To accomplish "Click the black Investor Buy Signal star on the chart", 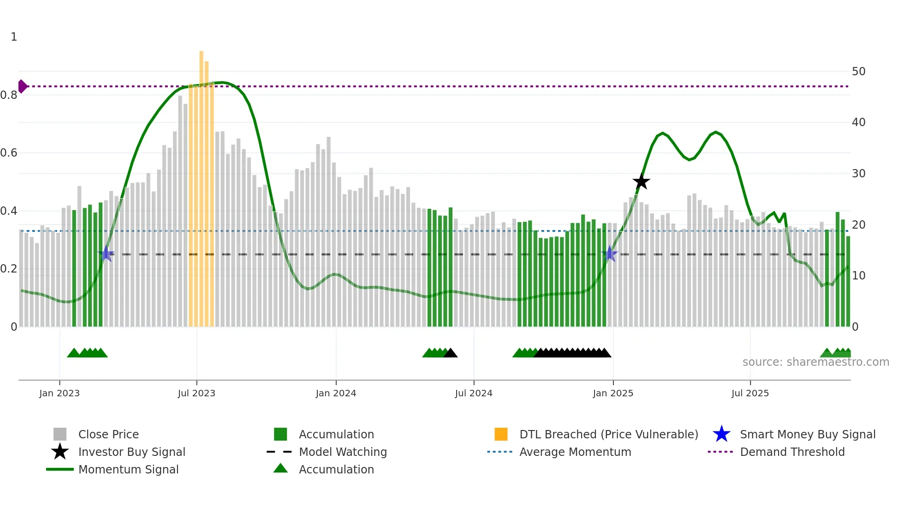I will (x=641, y=182).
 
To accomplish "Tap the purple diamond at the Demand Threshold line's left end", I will (x=22, y=86).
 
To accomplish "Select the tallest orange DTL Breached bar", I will (x=202, y=185).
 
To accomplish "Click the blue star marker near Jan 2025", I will (x=610, y=254).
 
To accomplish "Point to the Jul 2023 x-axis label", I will (x=196, y=394).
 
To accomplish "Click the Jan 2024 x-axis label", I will (x=336, y=394).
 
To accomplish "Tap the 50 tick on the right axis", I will (x=858, y=72).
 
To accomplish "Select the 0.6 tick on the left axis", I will (x=9, y=153).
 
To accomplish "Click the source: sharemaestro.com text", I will (x=815, y=362).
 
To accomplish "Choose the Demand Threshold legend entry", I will (x=792, y=452).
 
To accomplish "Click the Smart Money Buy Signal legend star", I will (x=721, y=435).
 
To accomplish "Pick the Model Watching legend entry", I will (x=343, y=452).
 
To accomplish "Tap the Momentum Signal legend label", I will (x=128, y=470).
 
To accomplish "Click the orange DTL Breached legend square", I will (x=501, y=435).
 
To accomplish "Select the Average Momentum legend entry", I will (x=575, y=452).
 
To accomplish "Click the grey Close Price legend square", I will (x=60, y=435).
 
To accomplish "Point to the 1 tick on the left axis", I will (x=14, y=37).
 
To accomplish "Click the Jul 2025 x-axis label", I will (x=750, y=394).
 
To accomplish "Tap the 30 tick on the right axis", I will (x=858, y=174).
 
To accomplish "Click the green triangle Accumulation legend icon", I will (x=280, y=469).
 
